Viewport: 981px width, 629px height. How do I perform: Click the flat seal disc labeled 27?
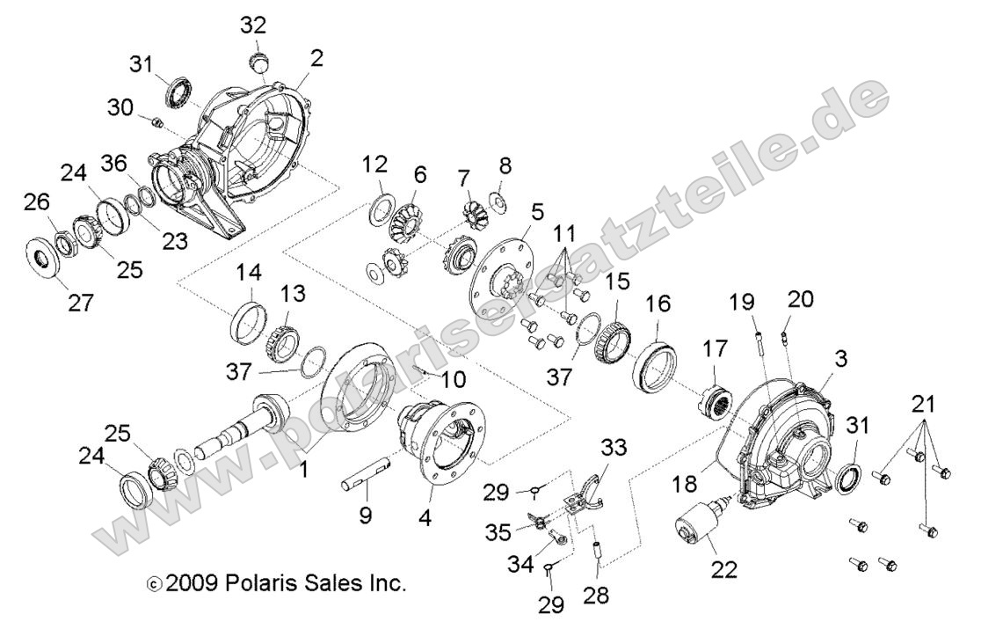[41, 249]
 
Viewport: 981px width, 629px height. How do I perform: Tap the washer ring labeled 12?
[382, 208]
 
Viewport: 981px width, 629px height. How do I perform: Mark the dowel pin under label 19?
[755, 338]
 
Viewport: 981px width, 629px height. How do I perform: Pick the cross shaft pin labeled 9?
[367, 479]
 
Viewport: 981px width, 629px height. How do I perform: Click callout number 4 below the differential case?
[425, 518]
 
